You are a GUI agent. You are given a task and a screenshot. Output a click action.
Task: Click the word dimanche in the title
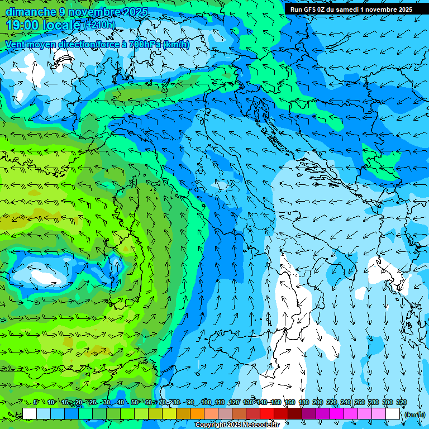tap(31, 12)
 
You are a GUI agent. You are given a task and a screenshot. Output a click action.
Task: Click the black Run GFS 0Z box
tap(351, 9)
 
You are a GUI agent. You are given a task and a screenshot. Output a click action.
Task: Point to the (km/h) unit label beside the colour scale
tap(414, 414)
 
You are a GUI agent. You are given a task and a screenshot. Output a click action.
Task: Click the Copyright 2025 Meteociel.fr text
tap(236, 425)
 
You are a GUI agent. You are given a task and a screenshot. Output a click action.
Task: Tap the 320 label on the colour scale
tap(401, 402)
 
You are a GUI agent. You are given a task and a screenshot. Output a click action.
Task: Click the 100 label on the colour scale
tap(206, 402)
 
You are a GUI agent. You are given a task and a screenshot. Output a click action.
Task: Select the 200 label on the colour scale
tap(317, 402)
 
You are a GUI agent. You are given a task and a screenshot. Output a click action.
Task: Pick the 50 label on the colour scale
tap(135, 402)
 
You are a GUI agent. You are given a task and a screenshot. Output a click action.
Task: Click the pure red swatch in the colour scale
tap(267, 414)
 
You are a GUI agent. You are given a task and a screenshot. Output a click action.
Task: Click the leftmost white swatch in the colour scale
tap(30, 414)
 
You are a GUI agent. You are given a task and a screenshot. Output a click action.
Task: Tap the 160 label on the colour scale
tap(289, 402)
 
